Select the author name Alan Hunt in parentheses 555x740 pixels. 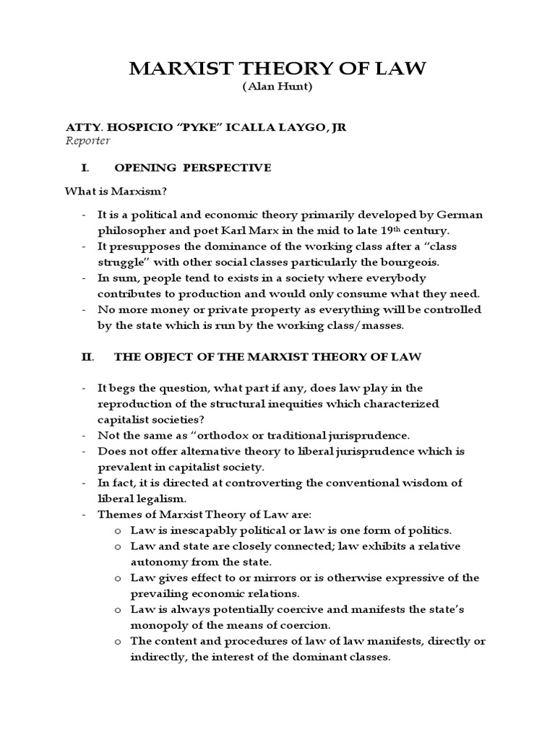277,87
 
